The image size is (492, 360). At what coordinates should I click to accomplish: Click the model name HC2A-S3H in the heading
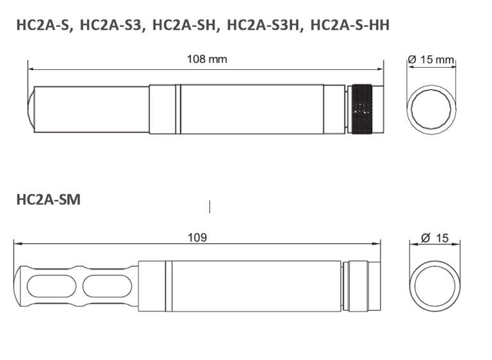[263, 25]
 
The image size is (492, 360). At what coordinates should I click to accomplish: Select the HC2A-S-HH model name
[350, 25]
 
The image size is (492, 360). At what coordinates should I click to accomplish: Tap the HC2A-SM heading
[48, 200]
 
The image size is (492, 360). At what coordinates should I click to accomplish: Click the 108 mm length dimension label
[207, 59]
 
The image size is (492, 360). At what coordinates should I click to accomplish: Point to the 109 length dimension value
[197, 238]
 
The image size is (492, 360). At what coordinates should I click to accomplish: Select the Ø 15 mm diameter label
[430, 60]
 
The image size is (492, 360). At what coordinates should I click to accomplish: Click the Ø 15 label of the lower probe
[435, 238]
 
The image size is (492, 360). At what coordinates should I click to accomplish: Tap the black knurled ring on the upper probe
[362, 110]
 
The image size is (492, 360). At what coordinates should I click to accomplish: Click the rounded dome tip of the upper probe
[31, 110]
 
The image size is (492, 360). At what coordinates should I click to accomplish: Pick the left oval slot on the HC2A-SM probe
[51, 286]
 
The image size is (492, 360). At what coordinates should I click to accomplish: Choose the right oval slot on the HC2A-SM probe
[108, 286]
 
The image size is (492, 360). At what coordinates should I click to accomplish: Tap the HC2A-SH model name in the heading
[184, 25]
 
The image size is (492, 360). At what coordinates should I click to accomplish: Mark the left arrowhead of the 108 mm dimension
[30, 69]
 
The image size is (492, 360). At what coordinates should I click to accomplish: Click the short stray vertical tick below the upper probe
[209, 207]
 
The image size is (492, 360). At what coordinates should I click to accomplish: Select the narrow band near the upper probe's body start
[178, 110]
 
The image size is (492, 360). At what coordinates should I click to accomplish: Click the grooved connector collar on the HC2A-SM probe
[356, 286]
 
